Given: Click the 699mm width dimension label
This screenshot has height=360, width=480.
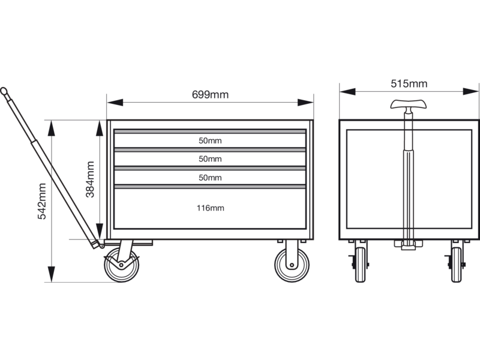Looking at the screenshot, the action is point(210,95).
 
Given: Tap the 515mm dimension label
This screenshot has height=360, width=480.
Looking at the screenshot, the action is point(409,83).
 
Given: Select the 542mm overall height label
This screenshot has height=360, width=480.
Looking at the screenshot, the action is point(41,201).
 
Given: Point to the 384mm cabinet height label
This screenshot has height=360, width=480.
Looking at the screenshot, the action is point(90,179).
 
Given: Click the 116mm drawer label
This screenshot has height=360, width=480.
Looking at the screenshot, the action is point(210,208).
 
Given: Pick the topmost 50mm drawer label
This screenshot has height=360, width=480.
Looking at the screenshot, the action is point(210,141).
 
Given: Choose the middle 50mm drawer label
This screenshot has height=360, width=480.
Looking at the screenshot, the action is point(210,159).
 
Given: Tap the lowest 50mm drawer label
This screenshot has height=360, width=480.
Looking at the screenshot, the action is point(210,178).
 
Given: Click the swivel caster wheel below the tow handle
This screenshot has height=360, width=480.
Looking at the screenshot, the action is point(122,265).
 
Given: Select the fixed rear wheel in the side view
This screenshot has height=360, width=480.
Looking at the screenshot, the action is point(292,265).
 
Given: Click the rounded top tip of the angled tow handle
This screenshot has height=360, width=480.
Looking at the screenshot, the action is point(4,91).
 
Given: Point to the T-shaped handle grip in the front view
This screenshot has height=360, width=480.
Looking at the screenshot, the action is point(409,104).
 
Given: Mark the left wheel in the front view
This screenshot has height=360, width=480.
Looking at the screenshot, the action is point(361,265).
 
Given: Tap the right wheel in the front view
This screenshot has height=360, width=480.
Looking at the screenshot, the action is point(457,265).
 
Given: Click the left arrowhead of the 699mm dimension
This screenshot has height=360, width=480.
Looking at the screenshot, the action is point(115,103).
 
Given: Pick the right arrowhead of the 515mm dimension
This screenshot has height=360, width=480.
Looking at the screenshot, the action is point(470,91).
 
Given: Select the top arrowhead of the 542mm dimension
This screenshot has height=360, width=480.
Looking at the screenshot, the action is point(52,128).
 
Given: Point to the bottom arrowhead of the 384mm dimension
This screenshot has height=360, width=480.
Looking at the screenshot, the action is point(100,232).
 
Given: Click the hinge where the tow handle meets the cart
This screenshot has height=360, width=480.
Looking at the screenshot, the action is point(101,245).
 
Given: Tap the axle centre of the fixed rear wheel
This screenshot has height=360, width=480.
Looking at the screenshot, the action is point(292,265).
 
